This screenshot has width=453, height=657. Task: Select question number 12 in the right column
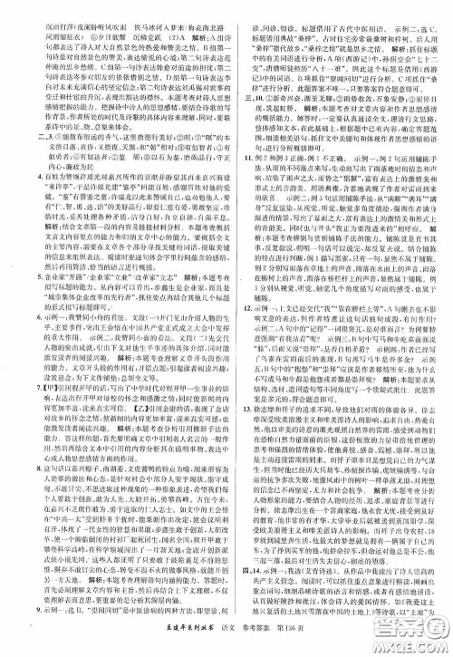(x=232, y=309)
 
